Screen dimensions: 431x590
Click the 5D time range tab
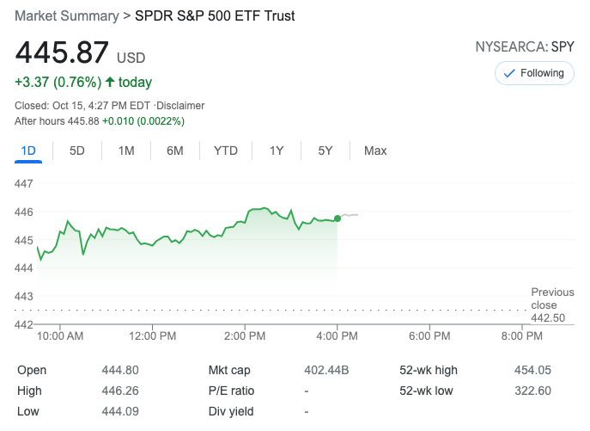click(77, 151)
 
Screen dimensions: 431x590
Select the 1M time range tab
click(126, 151)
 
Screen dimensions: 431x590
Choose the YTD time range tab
click(226, 151)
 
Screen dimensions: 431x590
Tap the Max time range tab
click(375, 151)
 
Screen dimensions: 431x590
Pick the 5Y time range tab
click(325, 151)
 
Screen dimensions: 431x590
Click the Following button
click(533, 73)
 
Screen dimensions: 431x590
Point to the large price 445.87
click(63, 53)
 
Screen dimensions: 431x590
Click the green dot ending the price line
click(338, 219)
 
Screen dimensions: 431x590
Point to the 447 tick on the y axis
click(24, 183)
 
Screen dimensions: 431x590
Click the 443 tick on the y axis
click(24, 296)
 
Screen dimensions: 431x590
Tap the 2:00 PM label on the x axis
click(245, 336)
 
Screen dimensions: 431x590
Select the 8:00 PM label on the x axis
click(521, 336)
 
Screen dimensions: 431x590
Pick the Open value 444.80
click(118, 370)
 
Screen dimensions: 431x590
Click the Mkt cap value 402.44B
click(327, 370)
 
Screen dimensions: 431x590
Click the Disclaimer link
click(179, 106)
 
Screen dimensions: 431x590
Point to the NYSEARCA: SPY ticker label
click(524, 47)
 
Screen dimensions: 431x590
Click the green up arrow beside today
click(110, 83)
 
